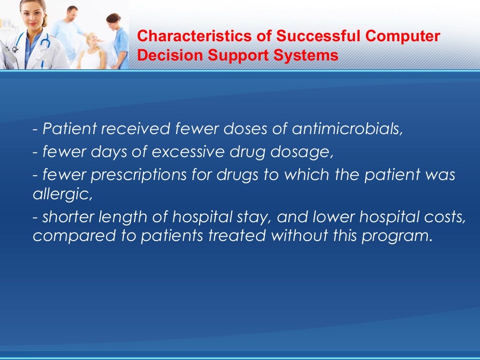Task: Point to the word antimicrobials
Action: point(347,129)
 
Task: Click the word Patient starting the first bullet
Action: point(63,129)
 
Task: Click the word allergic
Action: point(62,195)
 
